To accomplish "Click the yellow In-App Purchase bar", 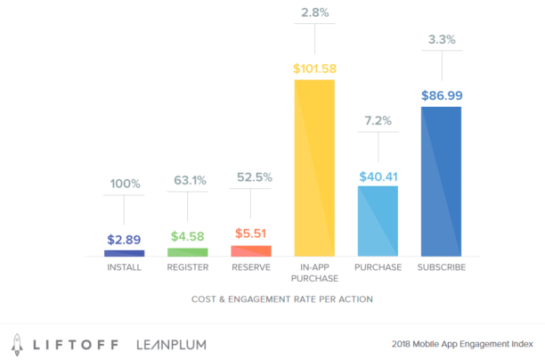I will (x=314, y=168).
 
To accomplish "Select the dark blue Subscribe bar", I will (x=441, y=182).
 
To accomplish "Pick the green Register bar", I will (x=188, y=252).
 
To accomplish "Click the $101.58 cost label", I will (x=314, y=69).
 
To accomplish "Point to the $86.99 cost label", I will (x=441, y=95).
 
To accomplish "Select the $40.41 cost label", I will (x=378, y=176).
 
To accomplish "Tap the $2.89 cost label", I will (x=125, y=240).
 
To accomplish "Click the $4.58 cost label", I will (x=188, y=237).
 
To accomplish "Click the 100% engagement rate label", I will (x=125, y=184).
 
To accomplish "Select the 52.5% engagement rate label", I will (x=251, y=176).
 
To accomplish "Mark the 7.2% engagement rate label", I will (x=378, y=119).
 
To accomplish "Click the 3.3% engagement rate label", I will (x=441, y=40).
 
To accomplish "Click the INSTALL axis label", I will (x=125, y=267).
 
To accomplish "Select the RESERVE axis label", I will (x=251, y=267).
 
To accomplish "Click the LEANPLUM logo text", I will (x=173, y=343).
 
